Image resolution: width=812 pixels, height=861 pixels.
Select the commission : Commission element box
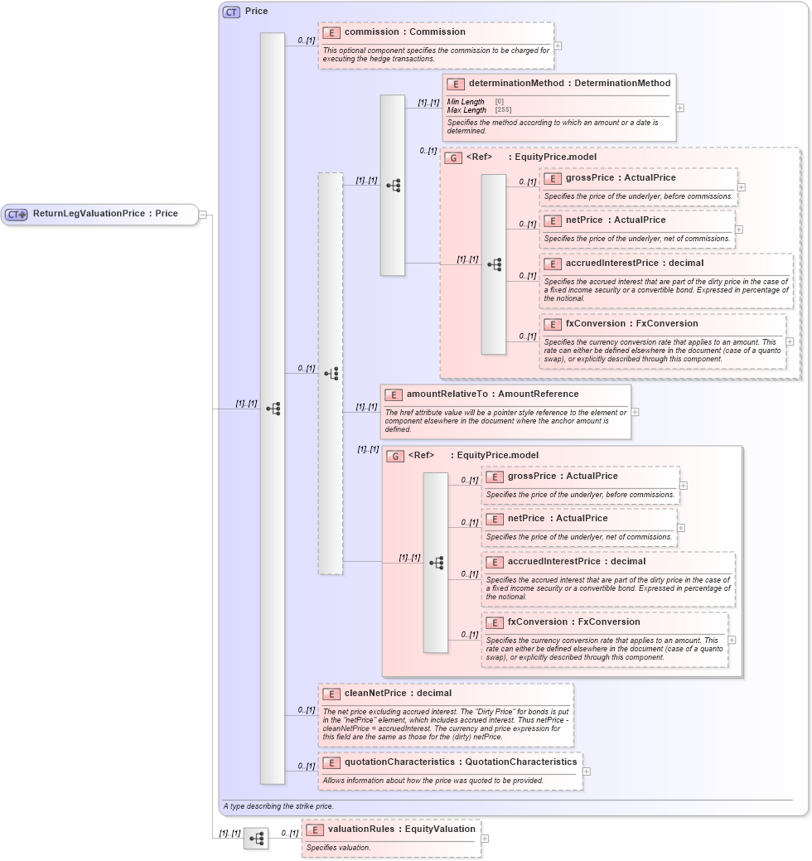(x=436, y=46)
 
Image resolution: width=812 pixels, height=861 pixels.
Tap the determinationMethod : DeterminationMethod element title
(x=569, y=83)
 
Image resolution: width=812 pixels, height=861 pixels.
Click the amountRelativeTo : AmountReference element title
(x=492, y=394)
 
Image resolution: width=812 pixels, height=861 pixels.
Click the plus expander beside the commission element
(x=558, y=46)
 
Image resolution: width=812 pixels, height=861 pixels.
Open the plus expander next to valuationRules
(x=485, y=839)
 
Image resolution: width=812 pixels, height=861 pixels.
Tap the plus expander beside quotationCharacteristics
(x=587, y=771)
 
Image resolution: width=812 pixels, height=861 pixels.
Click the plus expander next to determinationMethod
(x=680, y=108)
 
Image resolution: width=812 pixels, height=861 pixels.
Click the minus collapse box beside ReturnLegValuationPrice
(x=203, y=215)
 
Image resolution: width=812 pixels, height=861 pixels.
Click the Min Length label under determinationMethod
(x=466, y=102)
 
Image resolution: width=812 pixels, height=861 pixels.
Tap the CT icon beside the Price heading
(x=231, y=12)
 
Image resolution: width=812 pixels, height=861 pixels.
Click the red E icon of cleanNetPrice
(x=331, y=694)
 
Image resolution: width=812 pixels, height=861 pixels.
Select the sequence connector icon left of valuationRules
(x=256, y=839)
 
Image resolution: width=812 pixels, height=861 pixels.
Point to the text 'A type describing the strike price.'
(x=278, y=805)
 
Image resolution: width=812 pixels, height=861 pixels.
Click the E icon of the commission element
(x=331, y=32)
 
